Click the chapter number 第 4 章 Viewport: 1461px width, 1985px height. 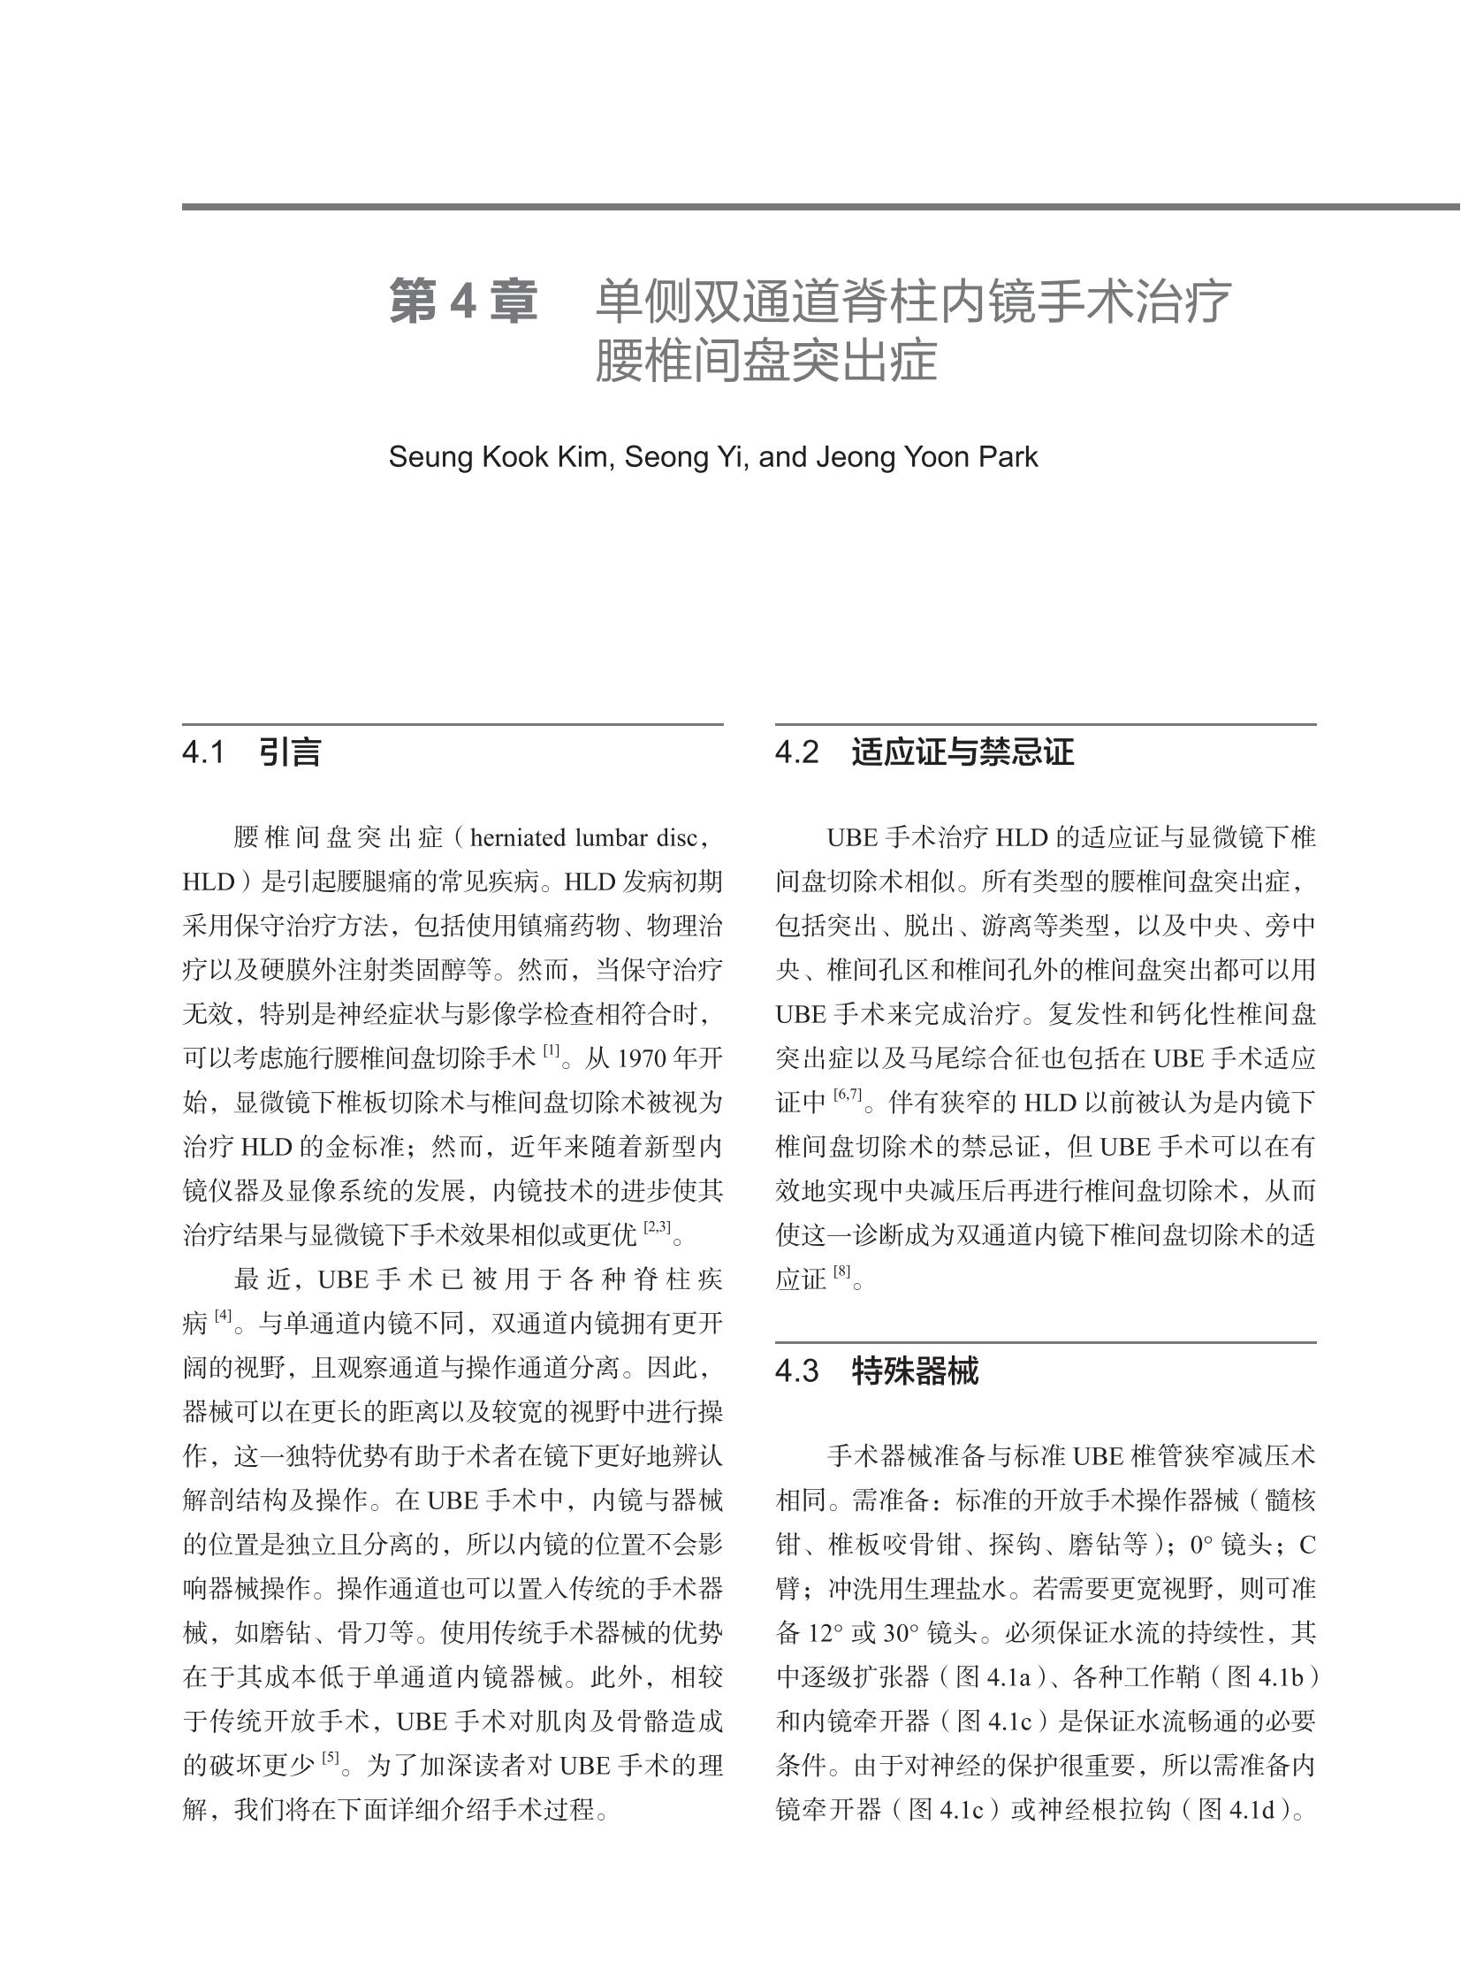tap(462, 302)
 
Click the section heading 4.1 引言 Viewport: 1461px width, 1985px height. tap(251, 752)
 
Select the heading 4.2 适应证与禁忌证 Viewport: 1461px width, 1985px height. tap(925, 752)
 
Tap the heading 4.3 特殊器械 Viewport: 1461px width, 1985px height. tap(877, 1372)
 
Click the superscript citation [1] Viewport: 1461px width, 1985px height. tap(552, 1052)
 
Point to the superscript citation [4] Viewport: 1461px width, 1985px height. tap(223, 1317)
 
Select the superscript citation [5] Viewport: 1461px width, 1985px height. tap(331, 1760)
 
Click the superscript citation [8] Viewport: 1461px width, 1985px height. tap(842, 1273)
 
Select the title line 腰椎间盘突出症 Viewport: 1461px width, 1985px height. tap(765, 362)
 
